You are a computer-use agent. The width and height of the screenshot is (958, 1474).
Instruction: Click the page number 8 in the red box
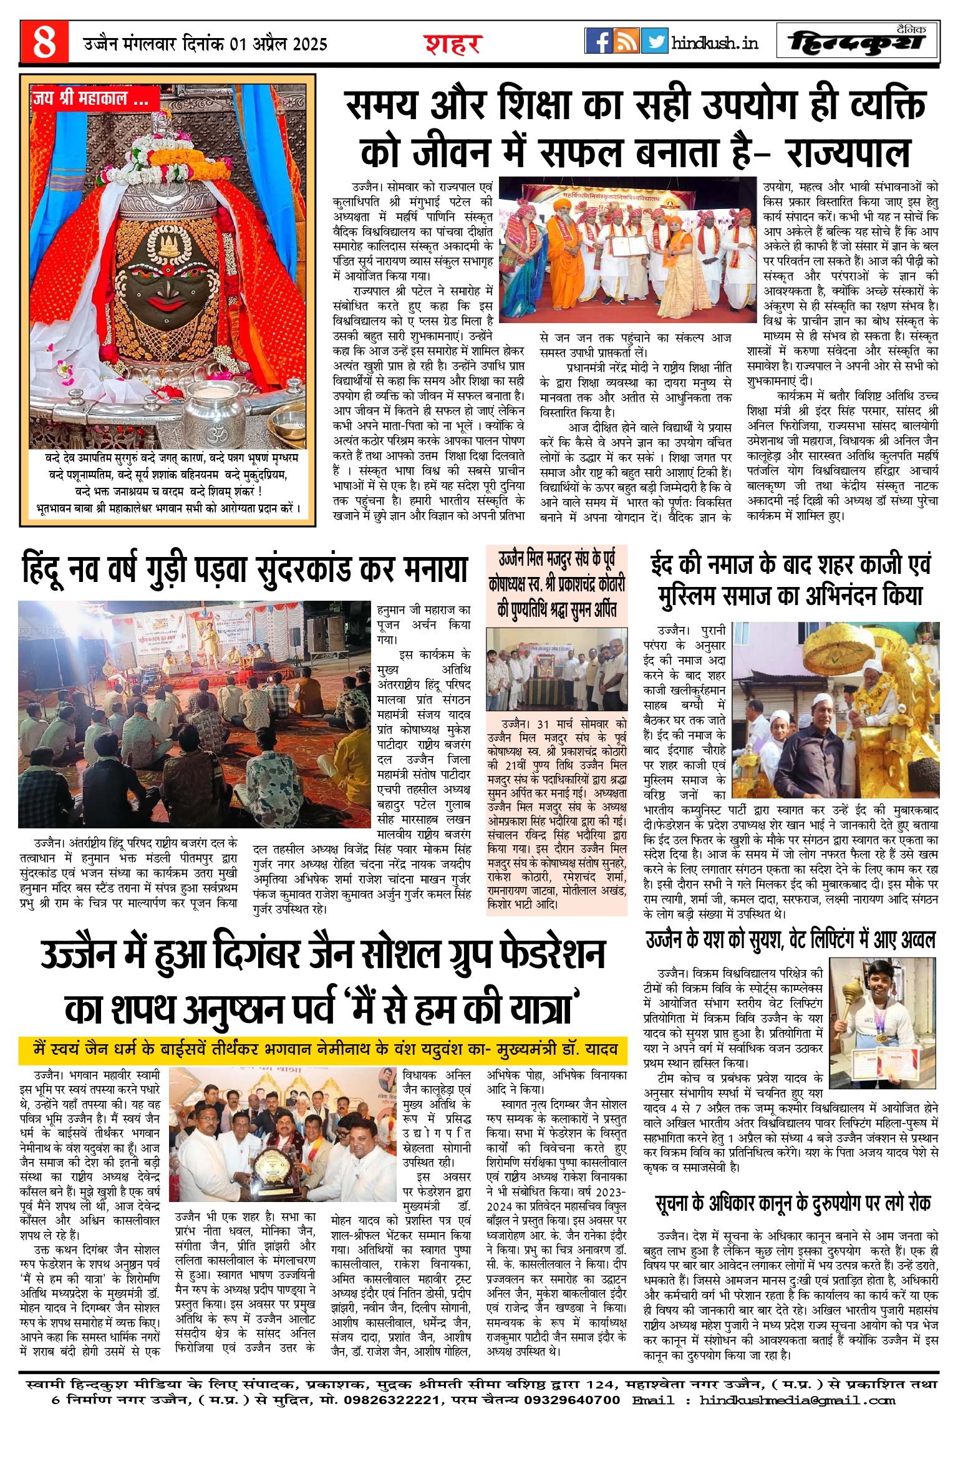(x=44, y=42)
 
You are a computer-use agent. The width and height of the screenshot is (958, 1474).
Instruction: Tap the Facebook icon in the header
(x=598, y=41)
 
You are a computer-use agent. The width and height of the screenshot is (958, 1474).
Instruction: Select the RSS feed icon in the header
(x=626, y=41)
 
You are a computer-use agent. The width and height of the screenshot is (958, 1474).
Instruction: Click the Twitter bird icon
(x=654, y=41)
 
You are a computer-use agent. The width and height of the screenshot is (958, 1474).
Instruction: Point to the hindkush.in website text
(x=715, y=43)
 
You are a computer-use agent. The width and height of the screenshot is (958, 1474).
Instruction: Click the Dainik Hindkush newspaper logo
(x=857, y=42)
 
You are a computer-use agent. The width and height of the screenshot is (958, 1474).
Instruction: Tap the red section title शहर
(x=453, y=44)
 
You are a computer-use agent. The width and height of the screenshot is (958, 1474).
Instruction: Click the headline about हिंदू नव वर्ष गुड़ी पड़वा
(x=244, y=569)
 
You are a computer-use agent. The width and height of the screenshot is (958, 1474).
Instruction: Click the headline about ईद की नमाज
(x=790, y=580)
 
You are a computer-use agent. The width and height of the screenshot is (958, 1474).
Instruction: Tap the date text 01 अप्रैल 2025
(x=278, y=44)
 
